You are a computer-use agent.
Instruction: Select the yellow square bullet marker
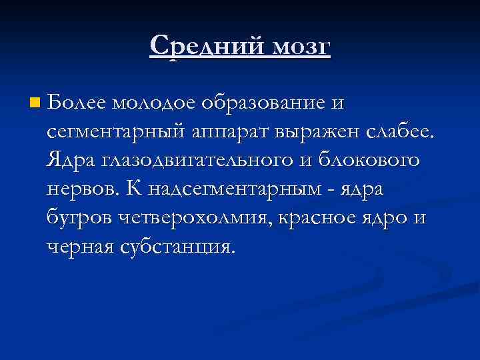point(35,103)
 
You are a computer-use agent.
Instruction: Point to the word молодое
point(153,103)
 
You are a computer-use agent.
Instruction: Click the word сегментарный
point(114,131)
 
